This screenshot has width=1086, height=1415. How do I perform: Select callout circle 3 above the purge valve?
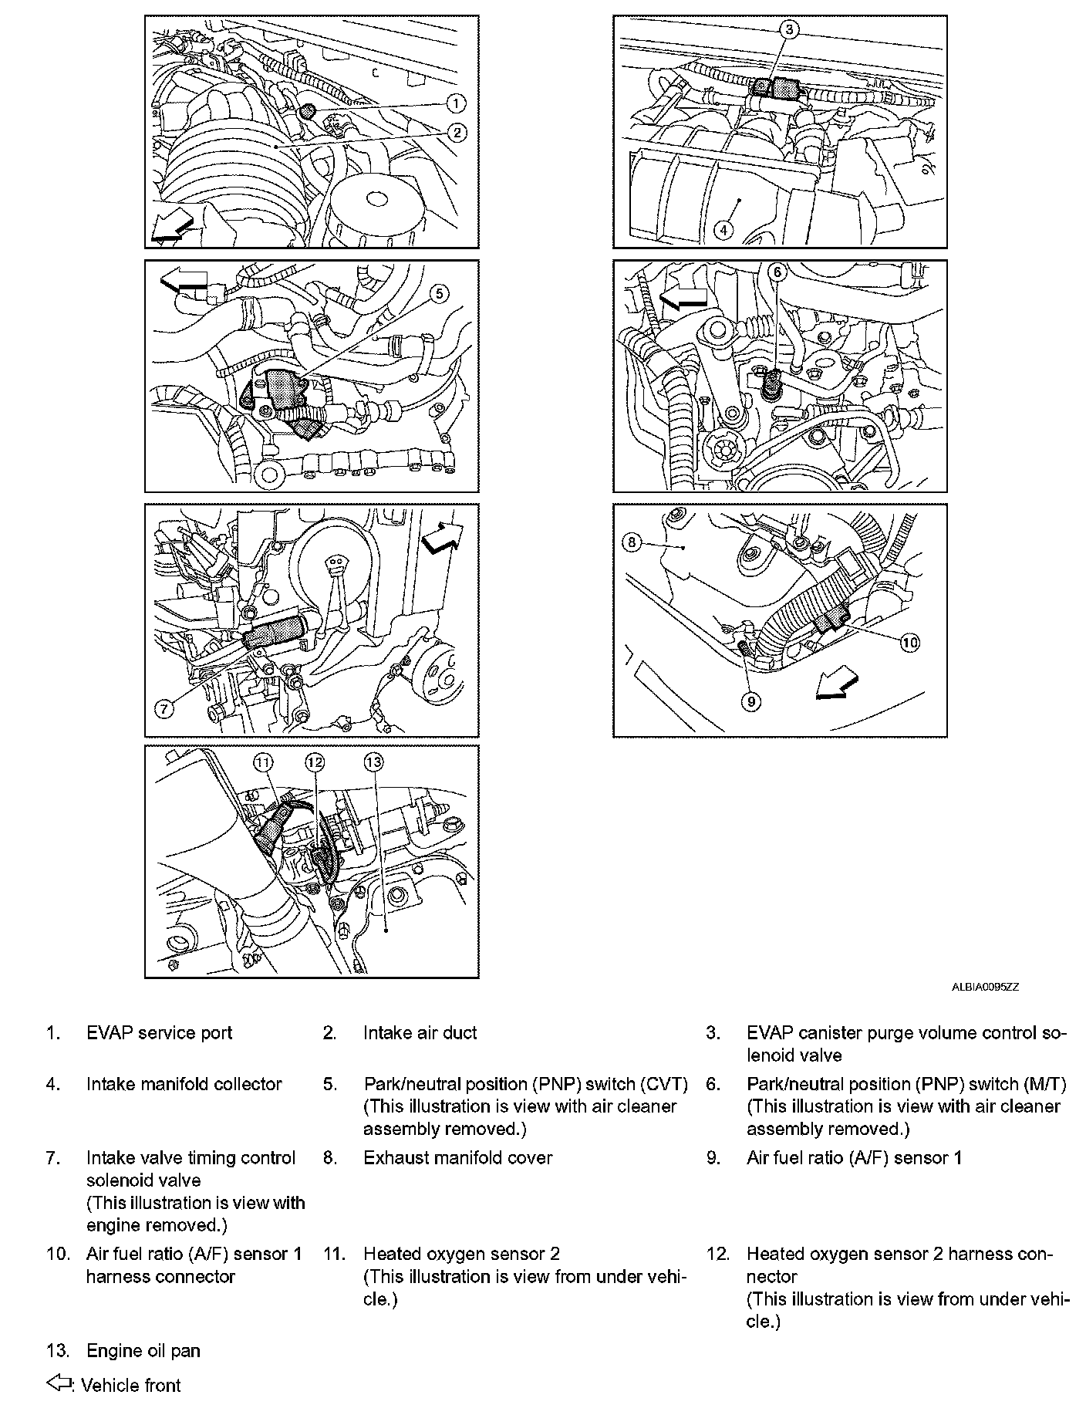click(x=788, y=30)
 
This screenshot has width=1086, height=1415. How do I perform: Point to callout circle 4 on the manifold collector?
click(x=723, y=229)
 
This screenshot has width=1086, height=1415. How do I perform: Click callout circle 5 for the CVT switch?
click(x=438, y=294)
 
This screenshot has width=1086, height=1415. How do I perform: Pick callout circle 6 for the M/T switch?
click(x=777, y=272)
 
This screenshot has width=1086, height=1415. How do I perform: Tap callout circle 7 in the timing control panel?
click(x=164, y=709)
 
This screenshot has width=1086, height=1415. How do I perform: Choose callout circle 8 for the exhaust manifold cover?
click(x=632, y=542)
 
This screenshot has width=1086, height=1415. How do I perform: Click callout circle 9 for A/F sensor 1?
click(x=750, y=701)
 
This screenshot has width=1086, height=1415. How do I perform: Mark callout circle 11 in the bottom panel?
click(x=264, y=762)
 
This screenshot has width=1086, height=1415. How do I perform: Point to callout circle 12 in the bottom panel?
click(x=315, y=762)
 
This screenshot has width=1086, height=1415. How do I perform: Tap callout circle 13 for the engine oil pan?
click(x=373, y=762)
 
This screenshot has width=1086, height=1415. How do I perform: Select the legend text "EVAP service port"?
click(x=159, y=1033)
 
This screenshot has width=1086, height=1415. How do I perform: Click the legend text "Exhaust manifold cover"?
click(x=457, y=1158)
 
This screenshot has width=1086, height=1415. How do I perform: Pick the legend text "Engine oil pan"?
click(x=143, y=1351)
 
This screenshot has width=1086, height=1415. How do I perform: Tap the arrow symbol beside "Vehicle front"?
click(x=60, y=1384)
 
